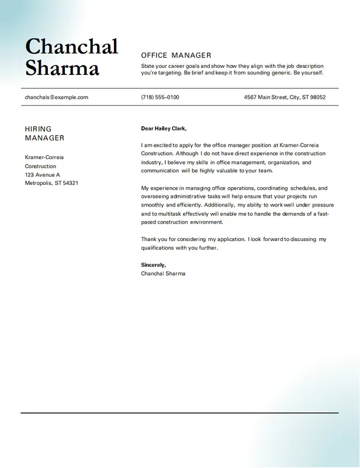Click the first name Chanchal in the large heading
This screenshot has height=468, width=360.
click(71, 47)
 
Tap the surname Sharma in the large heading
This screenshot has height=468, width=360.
click(62, 68)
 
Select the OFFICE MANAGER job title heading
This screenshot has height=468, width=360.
click(176, 55)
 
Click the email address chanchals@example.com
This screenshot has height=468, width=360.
click(56, 97)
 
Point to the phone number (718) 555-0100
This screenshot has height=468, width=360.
click(160, 97)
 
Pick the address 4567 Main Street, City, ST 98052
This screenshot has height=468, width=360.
click(285, 97)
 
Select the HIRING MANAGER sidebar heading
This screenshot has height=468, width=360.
click(44, 133)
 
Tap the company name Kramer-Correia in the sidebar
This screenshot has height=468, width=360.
click(44, 157)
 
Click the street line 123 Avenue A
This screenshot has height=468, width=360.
click(42, 174)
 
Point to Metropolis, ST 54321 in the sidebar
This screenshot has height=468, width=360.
click(51, 183)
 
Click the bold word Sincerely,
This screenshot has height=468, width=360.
click(153, 265)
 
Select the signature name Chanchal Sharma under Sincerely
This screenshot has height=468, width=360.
click(163, 273)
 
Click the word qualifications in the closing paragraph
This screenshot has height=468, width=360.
click(160, 247)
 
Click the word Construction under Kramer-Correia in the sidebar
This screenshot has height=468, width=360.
click(40, 166)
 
